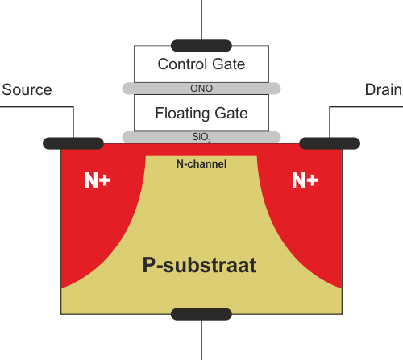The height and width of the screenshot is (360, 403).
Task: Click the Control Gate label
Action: point(201,64)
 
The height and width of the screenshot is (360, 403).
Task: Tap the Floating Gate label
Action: point(201,114)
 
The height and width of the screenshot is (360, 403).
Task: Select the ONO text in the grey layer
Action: point(201,89)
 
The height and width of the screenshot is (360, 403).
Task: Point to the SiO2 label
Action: point(201,137)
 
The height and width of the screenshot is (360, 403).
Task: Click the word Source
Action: point(27,89)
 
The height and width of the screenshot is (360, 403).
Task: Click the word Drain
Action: point(384,89)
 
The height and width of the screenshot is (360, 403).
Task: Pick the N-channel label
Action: point(201,163)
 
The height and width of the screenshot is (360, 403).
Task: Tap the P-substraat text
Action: point(199,266)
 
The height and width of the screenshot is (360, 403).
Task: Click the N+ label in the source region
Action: point(98,180)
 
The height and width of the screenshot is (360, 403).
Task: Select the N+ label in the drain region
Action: point(305,180)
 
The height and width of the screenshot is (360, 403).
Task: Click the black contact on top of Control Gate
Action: point(201,46)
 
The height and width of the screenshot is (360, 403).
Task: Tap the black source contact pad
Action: point(73,143)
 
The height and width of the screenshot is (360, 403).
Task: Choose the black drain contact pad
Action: point(330,143)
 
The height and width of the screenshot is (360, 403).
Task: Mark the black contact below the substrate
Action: point(201,314)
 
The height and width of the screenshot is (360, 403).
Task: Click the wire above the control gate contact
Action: point(201,20)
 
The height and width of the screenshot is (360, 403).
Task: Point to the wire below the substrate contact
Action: point(201,340)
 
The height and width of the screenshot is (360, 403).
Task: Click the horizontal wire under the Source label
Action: point(37,107)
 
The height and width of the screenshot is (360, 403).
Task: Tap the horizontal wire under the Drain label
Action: point(366,107)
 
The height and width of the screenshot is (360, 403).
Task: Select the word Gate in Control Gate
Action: point(229,64)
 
